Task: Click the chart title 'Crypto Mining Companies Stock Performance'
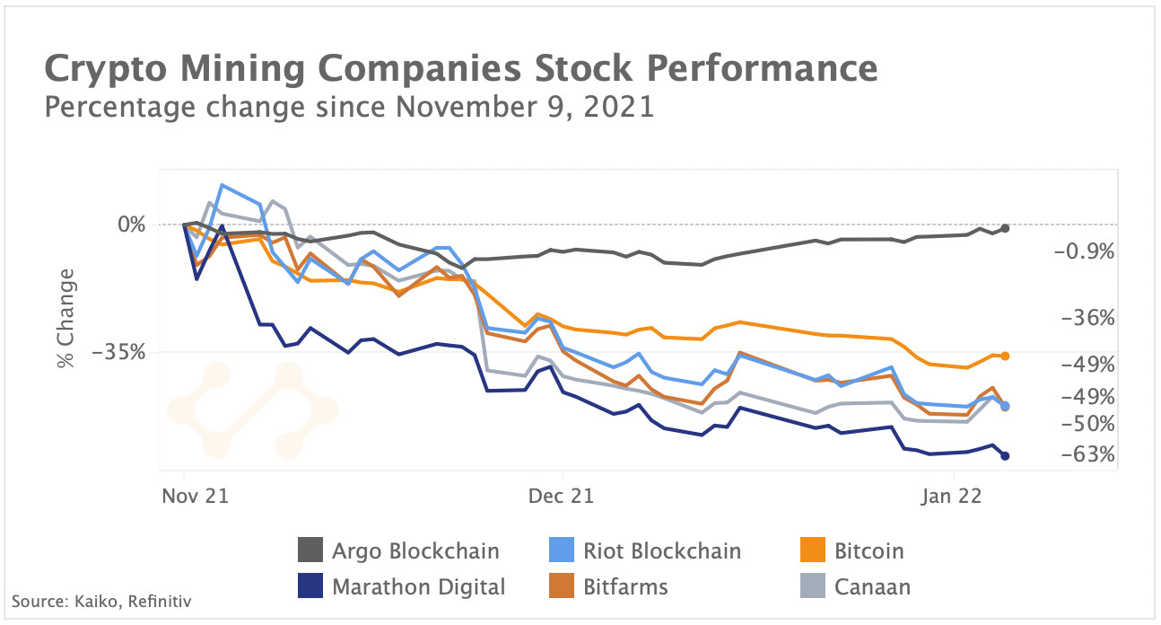pos(459,69)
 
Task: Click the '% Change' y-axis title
pos(65,326)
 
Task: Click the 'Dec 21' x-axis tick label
pos(561,496)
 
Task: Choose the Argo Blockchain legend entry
pos(398,550)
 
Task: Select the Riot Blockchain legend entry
pos(644,550)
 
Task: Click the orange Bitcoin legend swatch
pos(811,550)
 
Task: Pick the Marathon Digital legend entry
pos(402,587)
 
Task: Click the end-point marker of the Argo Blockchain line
pos(1005,228)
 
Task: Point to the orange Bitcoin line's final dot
pos(1005,357)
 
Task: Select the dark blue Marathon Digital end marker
pos(1005,456)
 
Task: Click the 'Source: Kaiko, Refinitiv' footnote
pos(101,599)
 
